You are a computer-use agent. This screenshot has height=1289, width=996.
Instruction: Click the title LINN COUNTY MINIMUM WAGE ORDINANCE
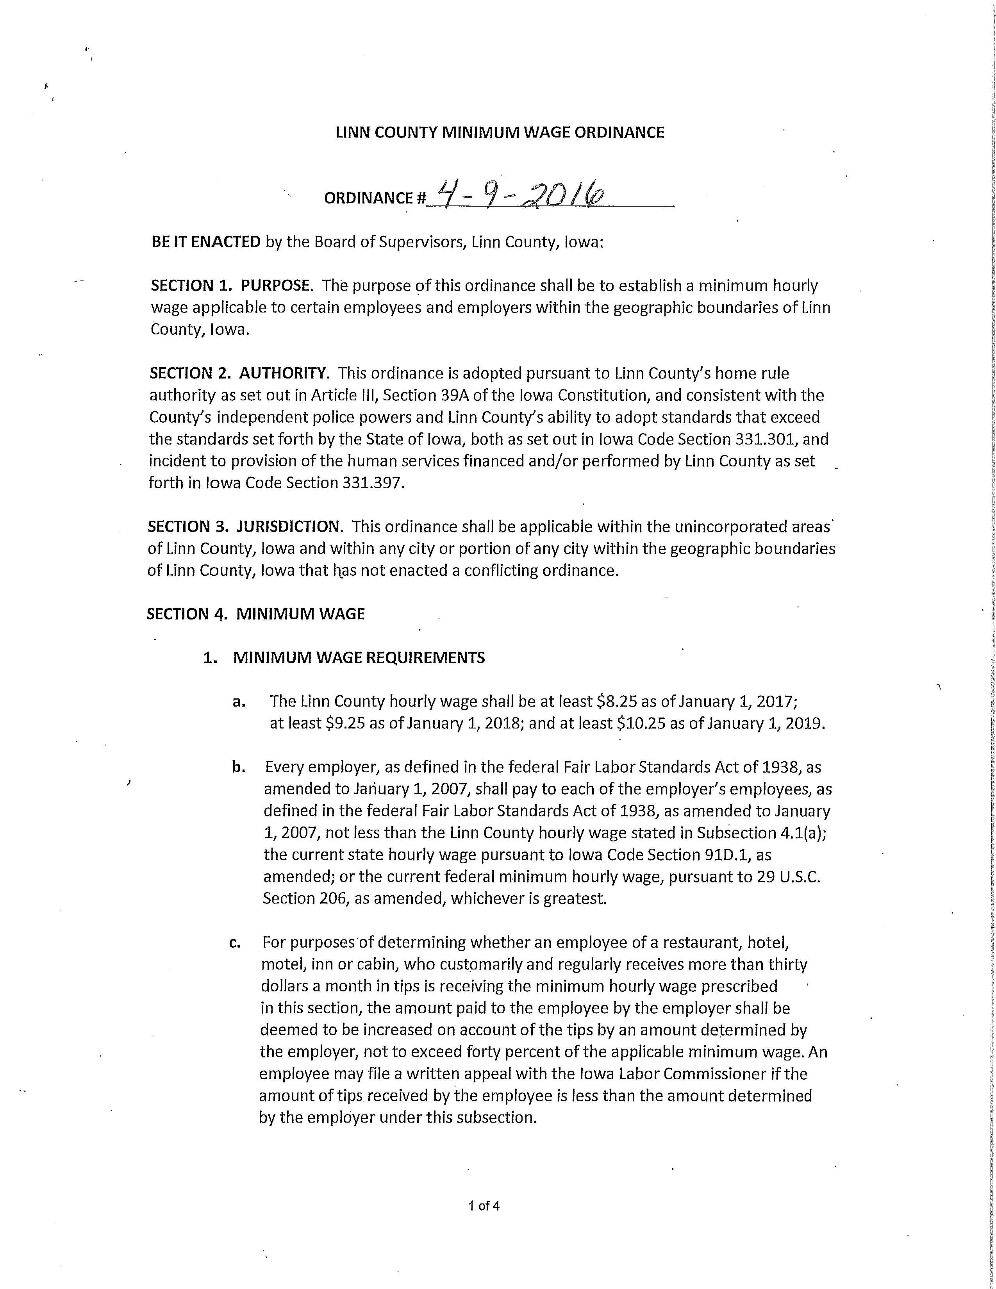pyautogui.click(x=500, y=132)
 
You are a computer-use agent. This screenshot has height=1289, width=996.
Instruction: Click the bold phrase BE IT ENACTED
pyautogui.click(x=206, y=242)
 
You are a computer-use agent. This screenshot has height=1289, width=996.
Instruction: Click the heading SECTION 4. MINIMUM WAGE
pyautogui.click(x=255, y=614)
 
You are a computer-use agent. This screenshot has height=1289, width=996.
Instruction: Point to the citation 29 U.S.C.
pyautogui.click(x=788, y=877)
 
